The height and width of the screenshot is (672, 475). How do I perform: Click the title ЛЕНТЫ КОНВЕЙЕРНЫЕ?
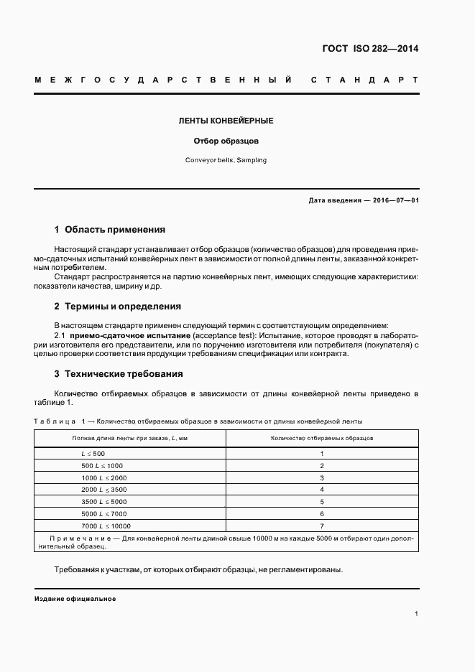[x=226, y=121]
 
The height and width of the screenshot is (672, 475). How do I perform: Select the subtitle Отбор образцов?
[x=226, y=141]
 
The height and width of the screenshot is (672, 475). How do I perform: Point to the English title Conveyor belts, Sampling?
[x=226, y=160]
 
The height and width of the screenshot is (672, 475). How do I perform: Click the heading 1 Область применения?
[x=110, y=230]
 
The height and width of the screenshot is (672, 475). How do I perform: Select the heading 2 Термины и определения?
[x=118, y=307]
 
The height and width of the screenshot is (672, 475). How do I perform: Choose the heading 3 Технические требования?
[x=119, y=374]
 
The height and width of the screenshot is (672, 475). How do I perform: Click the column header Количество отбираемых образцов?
[x=322, y=437]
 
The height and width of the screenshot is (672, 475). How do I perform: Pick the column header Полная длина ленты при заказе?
[x=130, y=437]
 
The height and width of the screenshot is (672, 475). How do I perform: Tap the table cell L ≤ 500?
[x=93, y=454]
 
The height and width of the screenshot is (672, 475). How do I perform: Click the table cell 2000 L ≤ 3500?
[x=104, y=490]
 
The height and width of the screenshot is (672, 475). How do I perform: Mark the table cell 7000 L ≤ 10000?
[x=106, y=526]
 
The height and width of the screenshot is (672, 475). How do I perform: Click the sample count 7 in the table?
[x=322, y=526]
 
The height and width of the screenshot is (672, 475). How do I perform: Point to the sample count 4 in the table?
[x=322, y=490]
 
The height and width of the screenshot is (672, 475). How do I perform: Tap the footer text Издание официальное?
[x=75, y=599]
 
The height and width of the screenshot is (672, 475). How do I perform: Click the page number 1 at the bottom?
[x=417, y=614]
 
